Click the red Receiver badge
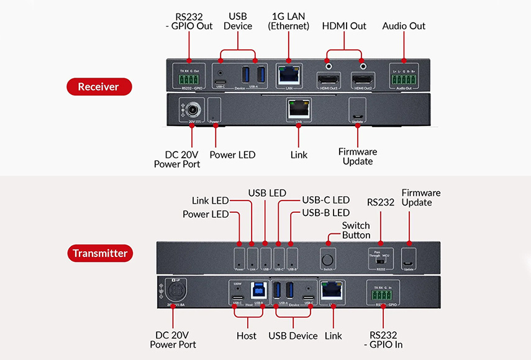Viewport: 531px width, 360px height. pos(99,87)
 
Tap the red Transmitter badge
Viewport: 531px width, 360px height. pos(99,253)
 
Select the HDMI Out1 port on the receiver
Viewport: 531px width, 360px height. pos(327,79)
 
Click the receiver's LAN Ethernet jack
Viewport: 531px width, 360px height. pos(289,76)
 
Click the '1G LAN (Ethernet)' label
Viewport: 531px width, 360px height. pos(288,21)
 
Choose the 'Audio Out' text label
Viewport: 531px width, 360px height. pos(404,26)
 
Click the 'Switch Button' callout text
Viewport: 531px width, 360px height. pos(356,230)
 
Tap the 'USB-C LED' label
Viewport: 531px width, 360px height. pos(325,200)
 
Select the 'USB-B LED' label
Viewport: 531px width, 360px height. pos(325,213)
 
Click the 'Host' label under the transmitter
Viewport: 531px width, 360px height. pos(247,336)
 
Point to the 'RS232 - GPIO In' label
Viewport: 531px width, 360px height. pos(383,340)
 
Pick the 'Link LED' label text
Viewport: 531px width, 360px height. pos(210,200)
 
